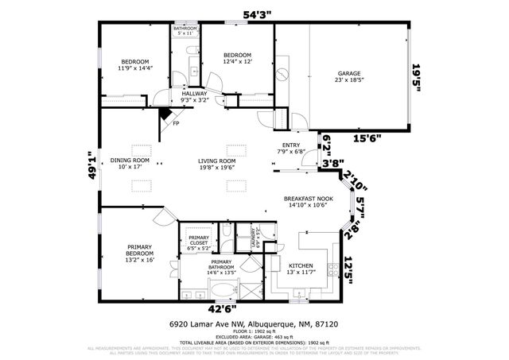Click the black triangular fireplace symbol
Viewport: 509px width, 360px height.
pos(164,113)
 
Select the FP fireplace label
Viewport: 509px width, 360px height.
pos(176,124)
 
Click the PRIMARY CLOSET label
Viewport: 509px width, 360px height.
pos(199,242)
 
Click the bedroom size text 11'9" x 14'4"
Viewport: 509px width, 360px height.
pos(134,68)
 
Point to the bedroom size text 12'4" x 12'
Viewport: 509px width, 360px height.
pos(238,61)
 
